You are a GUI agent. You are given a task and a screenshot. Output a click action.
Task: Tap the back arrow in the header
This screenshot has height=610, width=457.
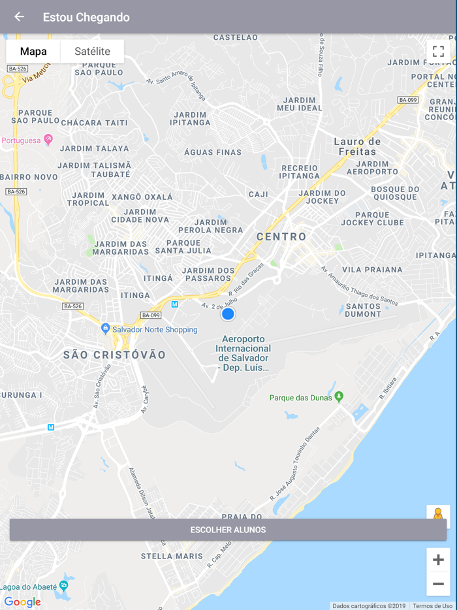pyautogui.click(x=19, y=17)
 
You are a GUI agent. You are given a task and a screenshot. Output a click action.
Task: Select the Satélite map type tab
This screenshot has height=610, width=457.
pyautogui.click(x=92, y=52)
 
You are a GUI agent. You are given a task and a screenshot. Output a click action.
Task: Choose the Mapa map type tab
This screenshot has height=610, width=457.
pyautogui.click(x=33, y=52)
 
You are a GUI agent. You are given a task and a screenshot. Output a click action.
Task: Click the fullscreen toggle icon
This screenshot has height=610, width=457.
pyautogui.click(x=438, y=52)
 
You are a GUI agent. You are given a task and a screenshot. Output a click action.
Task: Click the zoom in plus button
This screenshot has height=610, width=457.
pyautogui.click(x=438, y=560)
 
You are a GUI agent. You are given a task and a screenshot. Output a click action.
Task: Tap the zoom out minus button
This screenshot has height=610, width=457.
pyautogui.click(x=438, y=584)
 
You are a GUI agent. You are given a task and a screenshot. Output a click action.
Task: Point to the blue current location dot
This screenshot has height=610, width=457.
pyautogui.click(x=228, y=314)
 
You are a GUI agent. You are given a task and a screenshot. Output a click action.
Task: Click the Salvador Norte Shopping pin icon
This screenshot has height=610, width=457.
pyautogui.click(x=106, y=329)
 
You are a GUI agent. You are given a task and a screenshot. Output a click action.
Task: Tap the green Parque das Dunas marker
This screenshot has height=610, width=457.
pyautogui.click(x=339, y=396)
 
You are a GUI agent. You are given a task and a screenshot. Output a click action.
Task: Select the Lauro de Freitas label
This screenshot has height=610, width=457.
pyautogui.click(x=357, y=146)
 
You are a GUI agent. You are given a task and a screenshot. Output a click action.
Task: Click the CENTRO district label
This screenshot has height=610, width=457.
pyautogui.click(x=281, y=236)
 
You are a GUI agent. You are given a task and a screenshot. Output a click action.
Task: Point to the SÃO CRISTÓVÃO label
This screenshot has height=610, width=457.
pyautogui.click(x=115, y=355)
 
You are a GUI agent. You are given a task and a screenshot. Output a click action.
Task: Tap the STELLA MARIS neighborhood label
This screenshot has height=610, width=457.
pyautogui.click(x=172, y=556)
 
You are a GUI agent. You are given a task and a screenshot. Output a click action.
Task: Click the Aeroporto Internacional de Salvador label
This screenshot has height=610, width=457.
pyautogui.click(x=243, y=353)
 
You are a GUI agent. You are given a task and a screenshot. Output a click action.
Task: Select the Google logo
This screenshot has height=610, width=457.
pyautogui.click(x=23, y=602)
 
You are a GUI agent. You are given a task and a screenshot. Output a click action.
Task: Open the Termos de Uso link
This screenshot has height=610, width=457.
pyautogui.click(x=432, y=606)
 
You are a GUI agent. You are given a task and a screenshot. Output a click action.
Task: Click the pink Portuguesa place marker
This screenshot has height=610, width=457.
pyautogui.click(x=48, y=140)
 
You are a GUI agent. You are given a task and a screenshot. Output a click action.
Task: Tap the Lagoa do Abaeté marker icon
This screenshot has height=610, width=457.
pyautogui.click(x=63, y=585)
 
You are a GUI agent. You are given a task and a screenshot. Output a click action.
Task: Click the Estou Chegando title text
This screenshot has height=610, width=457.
pyautogui.click(x=86, y=17)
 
